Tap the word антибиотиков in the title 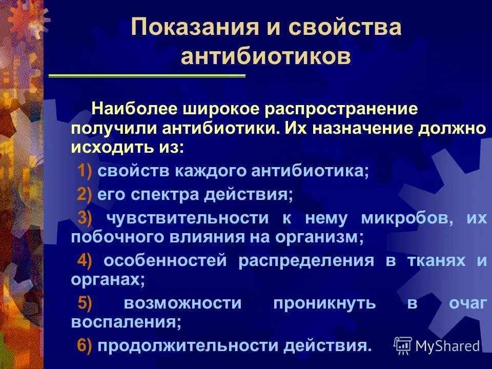tap(266, 56)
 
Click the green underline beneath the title tap(147, 76)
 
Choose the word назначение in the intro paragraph tap(364, 128)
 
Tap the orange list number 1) tap(85, 171)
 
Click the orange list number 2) tap(85, 195)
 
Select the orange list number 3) tap(85, 218)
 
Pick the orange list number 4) tap(85, 260)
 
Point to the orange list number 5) tap(85, 303)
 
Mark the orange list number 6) tap(85, 346)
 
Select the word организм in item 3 tap(327, 237)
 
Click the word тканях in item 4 tap(436, 260)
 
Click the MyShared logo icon tap(402, 345)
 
